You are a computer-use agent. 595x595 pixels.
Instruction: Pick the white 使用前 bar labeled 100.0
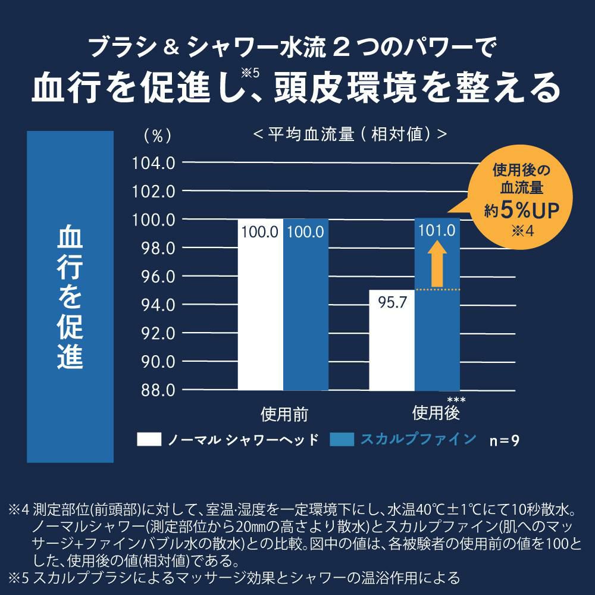(x=260, y=309)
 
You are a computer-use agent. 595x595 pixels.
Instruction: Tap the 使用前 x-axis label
(x=284, y=414)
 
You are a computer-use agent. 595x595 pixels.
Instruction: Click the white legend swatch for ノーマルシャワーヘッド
(x=149, y=439)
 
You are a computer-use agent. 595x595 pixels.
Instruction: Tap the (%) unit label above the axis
(x=158, y=136)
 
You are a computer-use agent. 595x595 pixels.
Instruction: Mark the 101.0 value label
(x=437, y=231)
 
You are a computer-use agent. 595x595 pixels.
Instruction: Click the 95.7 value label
(x=392, y=303)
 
